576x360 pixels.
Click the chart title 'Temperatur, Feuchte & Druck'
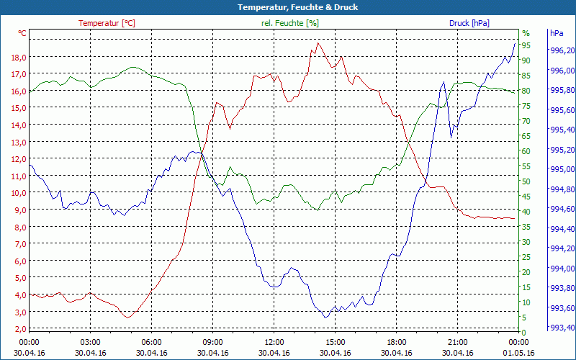pyautogui.click(x=288, y=7)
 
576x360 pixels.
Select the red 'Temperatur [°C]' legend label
pyautogui.click(x=107, y=23)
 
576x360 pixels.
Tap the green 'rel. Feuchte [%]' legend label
pyautogui.click(x=289, y=23)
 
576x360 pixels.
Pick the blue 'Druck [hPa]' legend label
pyautogui.click(x=469, y=23)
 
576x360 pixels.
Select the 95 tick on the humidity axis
pyautogui.click(x=526, y=45)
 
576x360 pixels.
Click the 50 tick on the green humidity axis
pyautogui.click(x=526, y=181)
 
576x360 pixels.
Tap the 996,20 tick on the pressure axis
pyautogui.click(x=562, y=50)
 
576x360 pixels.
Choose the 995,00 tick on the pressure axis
pyautogui.click(x=562, y=169)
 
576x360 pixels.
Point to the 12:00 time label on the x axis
pyautogui.click(x=274, y=342)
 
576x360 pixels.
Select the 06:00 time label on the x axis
pyautogui.click(x=152, y=342)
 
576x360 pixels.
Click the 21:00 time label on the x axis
pyautogui.click(x=458, y=342)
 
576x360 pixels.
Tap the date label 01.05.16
pyautogui.click(x=519, y=353)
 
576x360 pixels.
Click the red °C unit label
pyautogui.click(x=22, y=33)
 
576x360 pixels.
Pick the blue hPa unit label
pyautogui.click(x=556, y=33)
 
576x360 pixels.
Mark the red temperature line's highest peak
pyautogui.click(x=318, y=42)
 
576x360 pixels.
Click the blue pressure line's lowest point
pyautogui.click(x=325, y=318)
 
